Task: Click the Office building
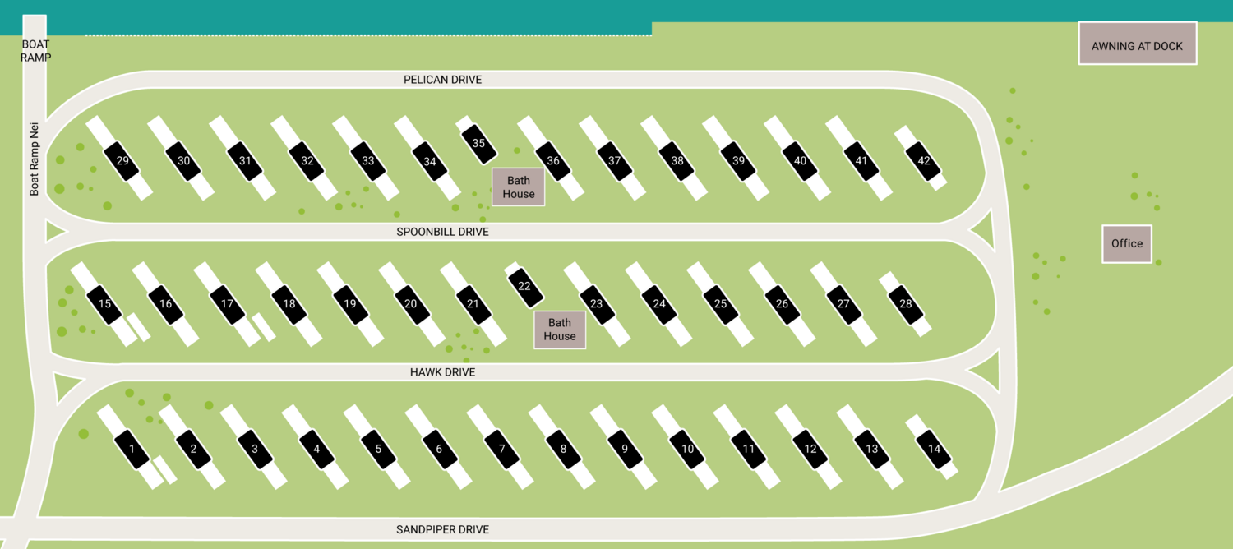point(1127,244)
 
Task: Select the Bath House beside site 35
point(519,187)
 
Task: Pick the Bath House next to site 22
point(560,330)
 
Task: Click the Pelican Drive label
point(442,80)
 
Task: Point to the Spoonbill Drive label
point(442,232)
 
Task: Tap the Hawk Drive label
point(442,372)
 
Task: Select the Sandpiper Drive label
point(442,529)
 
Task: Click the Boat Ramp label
point(36,51)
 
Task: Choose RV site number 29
point(122,160)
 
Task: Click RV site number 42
point(924,160)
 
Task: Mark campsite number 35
point(479,142)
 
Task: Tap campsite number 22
point(524,286)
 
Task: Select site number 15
point(104,304)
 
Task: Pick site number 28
point(906,304)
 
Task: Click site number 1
point(132,449)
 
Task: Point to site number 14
point(934,449)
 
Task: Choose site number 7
point(501,449)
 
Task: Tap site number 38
point(677,160)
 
